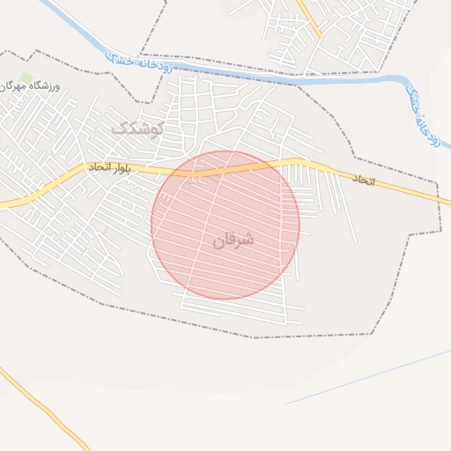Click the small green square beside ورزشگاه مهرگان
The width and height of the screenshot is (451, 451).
click(x=26, y=78)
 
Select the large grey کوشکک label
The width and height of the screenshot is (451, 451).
click(x=138, y=129)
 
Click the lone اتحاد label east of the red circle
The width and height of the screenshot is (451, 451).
click(x=363, y=179)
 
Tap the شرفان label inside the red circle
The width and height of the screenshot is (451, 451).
click(x=233, y=239)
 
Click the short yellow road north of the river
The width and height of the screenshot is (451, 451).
click(x=309, y=18)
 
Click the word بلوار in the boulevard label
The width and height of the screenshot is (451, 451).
click(x=121, y=166)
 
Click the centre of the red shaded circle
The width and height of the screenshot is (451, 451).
click(x=225, y=225)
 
